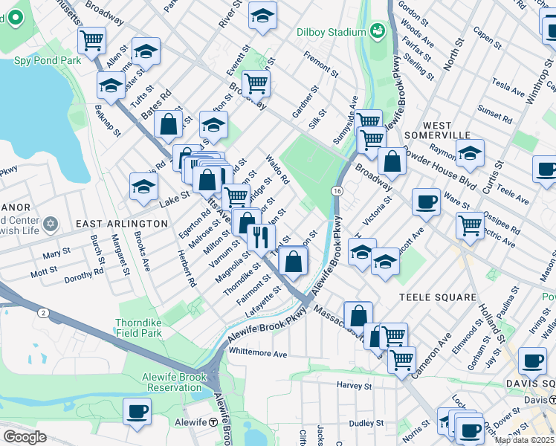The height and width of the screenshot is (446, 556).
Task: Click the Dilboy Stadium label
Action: (331, 32)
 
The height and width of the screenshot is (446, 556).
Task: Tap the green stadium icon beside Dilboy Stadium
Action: (378, 30)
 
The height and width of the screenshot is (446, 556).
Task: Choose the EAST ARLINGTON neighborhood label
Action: (121, 223)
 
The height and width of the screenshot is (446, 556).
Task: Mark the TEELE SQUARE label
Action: (437, 297)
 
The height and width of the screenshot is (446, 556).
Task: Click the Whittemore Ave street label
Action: (259, 355)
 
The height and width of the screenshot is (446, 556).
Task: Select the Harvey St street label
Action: (354, 386)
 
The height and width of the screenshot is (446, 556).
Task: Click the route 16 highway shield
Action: (337, 192)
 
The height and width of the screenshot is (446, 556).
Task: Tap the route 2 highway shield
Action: (44, 313)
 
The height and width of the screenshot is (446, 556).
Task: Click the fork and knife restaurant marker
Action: (260, 236)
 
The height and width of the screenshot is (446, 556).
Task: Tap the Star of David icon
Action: (50, 224)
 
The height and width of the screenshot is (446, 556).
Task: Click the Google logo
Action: (25, 437)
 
